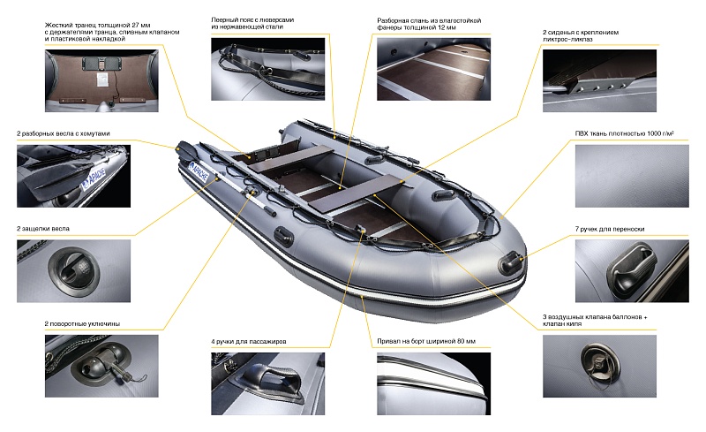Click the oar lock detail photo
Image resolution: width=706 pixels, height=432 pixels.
(101, 366)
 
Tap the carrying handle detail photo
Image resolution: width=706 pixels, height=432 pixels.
(632, 271)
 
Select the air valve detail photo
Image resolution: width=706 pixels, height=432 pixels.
(599, 366)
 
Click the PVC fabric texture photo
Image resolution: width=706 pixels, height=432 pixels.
(632, 176)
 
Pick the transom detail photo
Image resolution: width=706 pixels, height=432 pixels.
(101, 80)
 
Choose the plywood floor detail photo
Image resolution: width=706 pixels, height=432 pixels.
(433, 69)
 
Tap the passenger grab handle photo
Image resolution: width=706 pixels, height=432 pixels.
(267, 383)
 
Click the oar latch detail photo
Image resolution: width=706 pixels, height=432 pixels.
(73, 271)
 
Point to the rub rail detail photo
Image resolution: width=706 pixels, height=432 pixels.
(433, 383)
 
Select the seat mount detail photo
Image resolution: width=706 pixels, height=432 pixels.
(599, 80)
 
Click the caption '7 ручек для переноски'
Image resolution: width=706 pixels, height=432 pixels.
(609, 229)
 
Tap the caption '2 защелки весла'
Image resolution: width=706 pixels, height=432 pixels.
(43, 229)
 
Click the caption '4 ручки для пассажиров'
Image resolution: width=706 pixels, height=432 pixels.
(249, 342)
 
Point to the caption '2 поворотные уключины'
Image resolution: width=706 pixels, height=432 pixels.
(82, 323)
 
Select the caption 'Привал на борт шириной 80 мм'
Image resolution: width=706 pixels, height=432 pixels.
(426, 341)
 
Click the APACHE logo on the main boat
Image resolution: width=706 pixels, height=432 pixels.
(199, 171)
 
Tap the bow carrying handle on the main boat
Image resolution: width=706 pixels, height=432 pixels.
(510, 262)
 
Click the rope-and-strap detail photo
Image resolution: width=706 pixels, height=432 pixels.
(267, 69)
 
